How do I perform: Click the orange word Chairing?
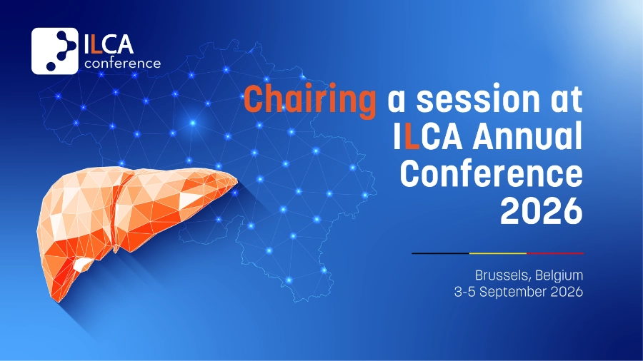tap(309, 99)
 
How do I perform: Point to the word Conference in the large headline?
tap(492, 173)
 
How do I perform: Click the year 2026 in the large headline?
tap(542, 210)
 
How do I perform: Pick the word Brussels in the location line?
tap(502, 275)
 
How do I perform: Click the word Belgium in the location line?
tap(559, 275)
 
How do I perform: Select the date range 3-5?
tap(464, 292)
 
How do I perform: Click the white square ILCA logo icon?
tap(54, 51)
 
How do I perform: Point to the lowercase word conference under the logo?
tap(122, 63)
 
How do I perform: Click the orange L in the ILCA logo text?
tap(95, 45)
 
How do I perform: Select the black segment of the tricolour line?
tap(440, 253)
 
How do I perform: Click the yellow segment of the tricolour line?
tap(498, 253)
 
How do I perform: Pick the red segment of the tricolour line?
tap(555, 253)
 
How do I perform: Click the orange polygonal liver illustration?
tap(123, 213)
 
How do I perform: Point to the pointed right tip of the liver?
tap(237, 179)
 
